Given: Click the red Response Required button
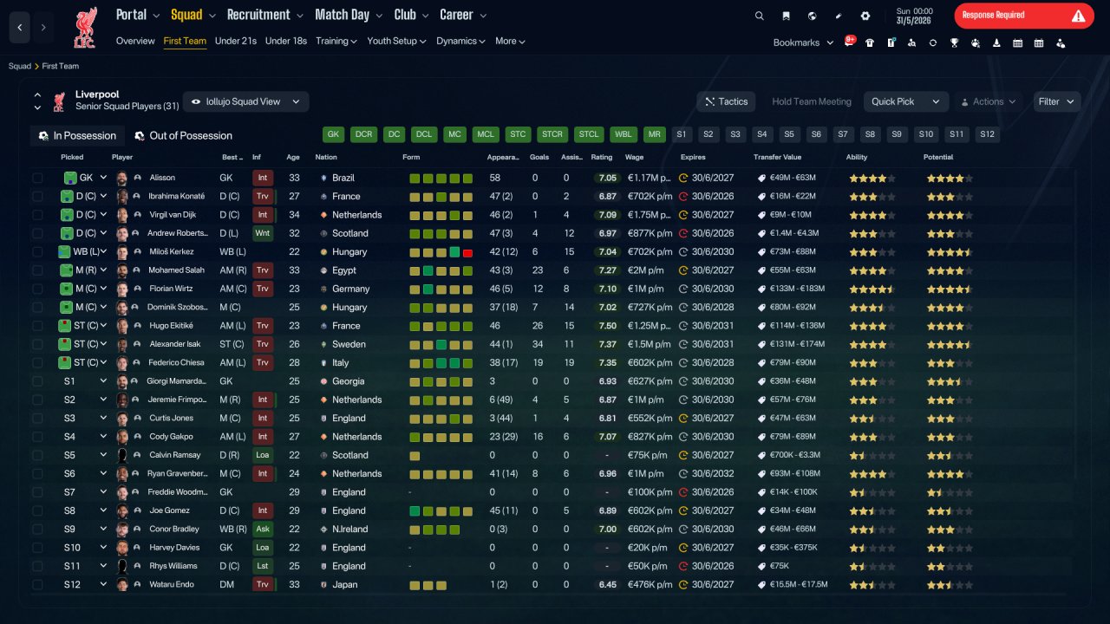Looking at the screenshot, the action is [1024, 16].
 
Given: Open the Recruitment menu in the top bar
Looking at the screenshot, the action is [264, 15].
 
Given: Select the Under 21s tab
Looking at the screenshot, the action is [235, 41].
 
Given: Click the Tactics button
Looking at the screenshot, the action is [726, 101].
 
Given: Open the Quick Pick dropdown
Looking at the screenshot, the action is [905, 101].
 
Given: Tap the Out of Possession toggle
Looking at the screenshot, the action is [183, 136].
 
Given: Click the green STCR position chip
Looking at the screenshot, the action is [552, 134].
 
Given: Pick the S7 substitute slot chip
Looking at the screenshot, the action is [842, 134].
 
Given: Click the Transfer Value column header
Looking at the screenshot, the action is [777, 157].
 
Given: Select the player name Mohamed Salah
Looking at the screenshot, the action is [176, 270].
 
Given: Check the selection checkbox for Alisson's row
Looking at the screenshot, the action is [37, 178].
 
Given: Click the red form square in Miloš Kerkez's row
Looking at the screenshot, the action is [467, 252].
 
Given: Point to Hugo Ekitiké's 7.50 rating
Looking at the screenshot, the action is [608, 326].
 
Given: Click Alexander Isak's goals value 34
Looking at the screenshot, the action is [537, 344].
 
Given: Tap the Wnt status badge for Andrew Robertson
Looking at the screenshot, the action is [262, 233].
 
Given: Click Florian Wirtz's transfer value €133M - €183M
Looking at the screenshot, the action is [797, 289].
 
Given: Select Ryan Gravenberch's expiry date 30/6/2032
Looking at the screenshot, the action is [713, 473].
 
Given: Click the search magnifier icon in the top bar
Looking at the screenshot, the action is [759, 16].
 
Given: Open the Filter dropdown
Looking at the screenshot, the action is [1056, 101].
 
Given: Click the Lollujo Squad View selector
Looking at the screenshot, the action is [245, 101].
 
